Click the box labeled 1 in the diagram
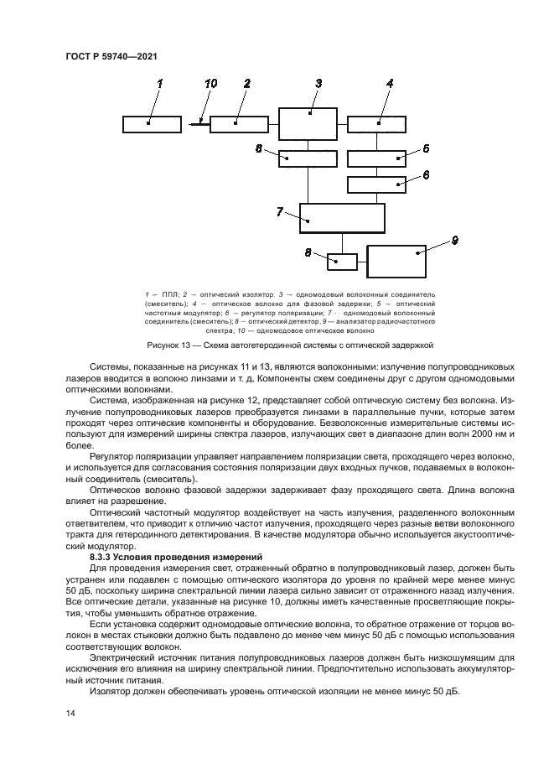(151, 124)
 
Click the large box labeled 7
(342, 218)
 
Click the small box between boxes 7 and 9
(342, 262)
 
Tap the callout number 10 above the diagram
(210, 83)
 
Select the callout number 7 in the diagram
(280, 210)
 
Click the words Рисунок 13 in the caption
(168, 345)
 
